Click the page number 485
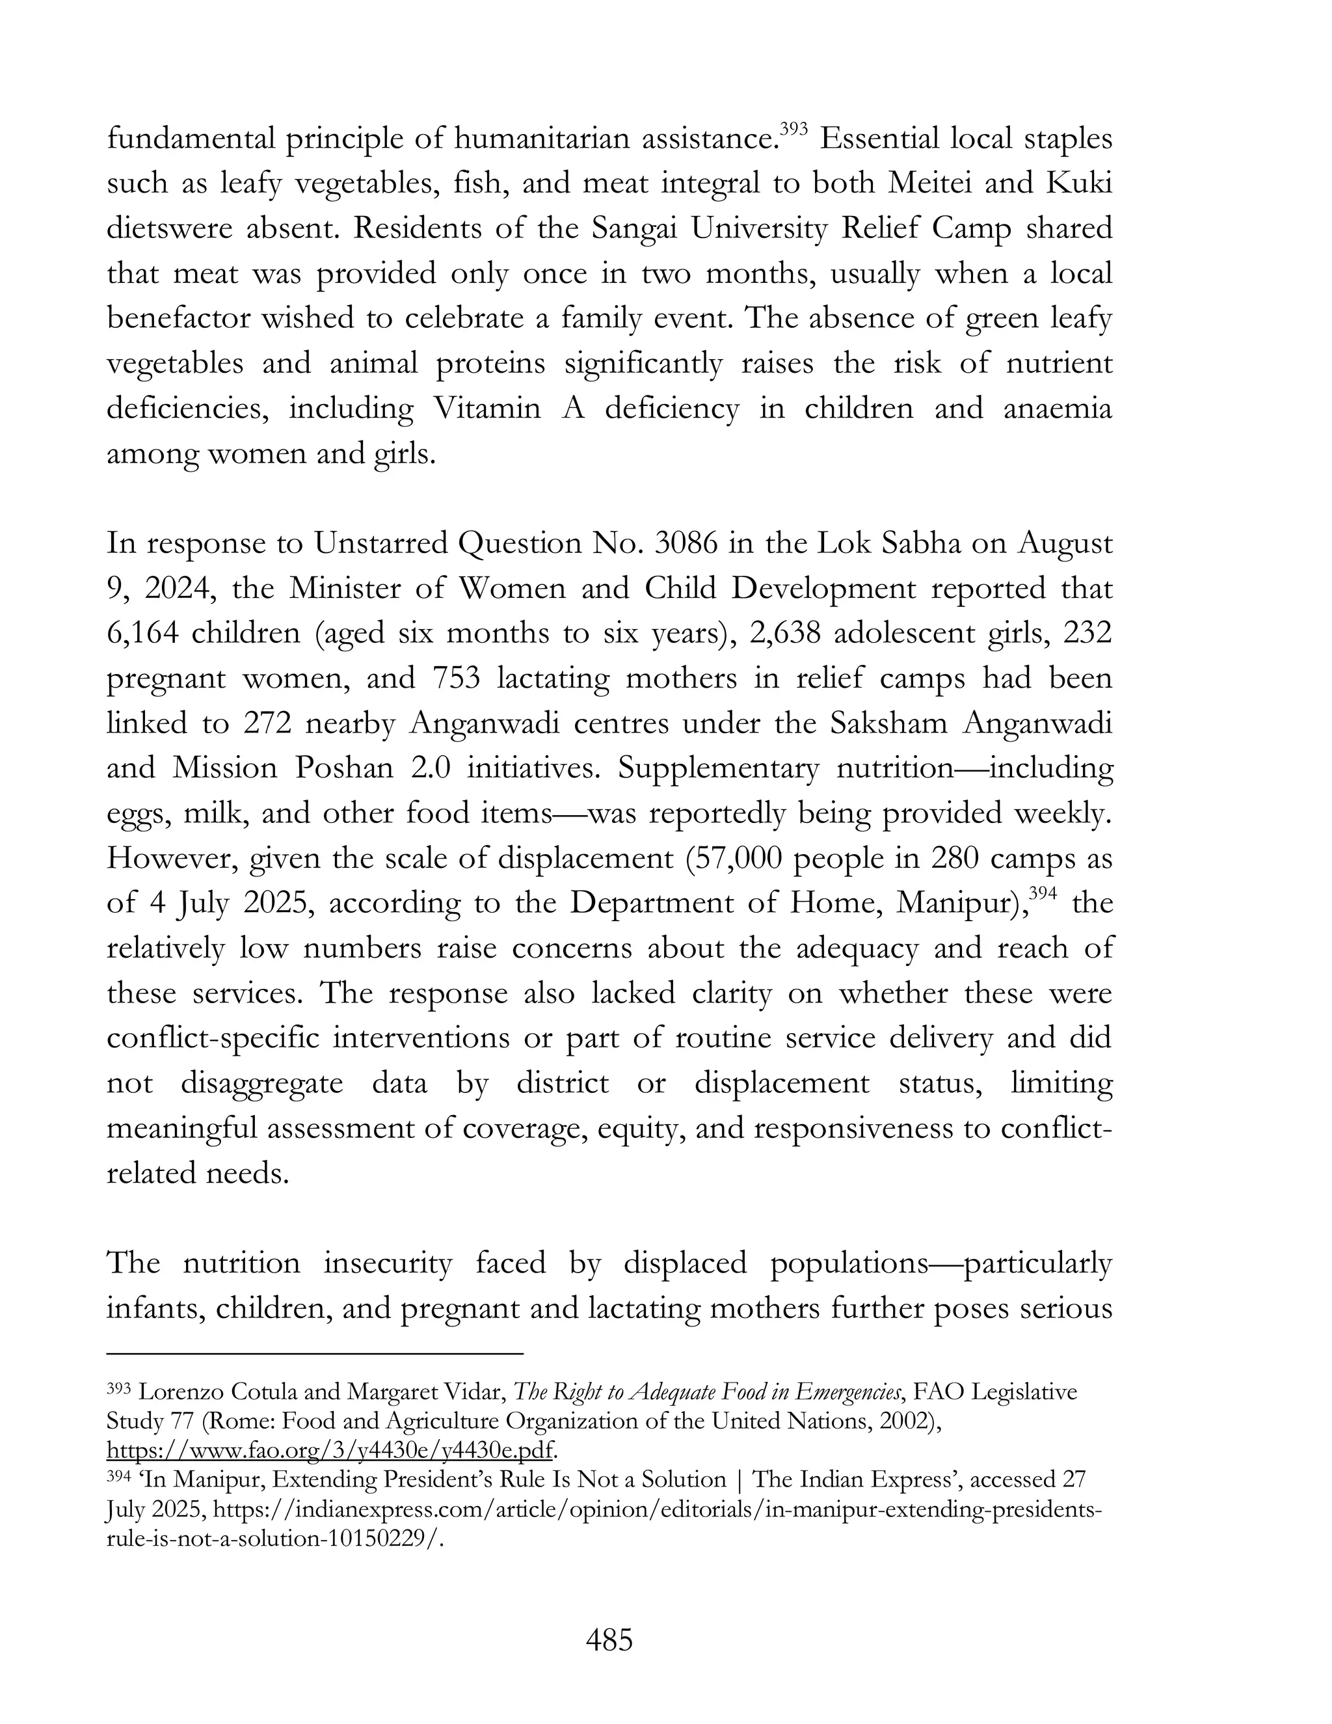coord(609,1640)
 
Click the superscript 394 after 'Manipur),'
coord(1043,893)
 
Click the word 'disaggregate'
coord(261,1083)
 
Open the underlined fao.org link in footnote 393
coord(330,1450)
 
